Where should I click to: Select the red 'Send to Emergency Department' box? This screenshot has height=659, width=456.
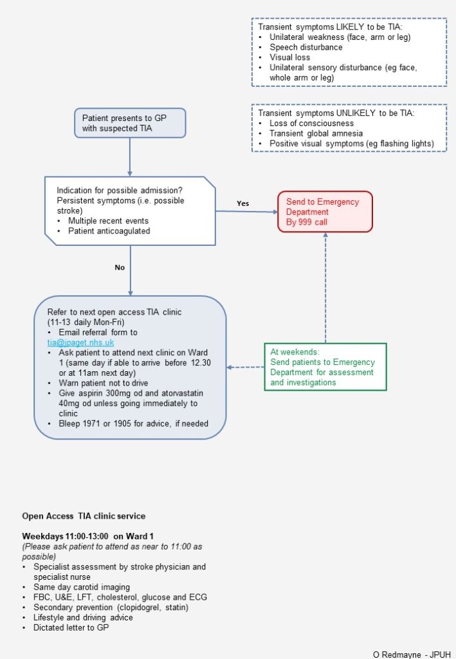(325, 211)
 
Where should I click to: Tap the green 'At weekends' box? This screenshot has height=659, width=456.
(325, 367)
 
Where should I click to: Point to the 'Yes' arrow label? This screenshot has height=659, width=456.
(242, 203)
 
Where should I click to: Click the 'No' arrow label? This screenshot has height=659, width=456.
(120, 268)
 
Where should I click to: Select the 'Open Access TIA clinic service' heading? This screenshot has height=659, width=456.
(84, 515)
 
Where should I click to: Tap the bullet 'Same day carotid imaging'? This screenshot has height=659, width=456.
(81, 587)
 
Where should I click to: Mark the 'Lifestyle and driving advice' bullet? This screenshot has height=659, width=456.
(83, 617)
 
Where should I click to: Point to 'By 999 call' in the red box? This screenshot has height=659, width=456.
(308, 222)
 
